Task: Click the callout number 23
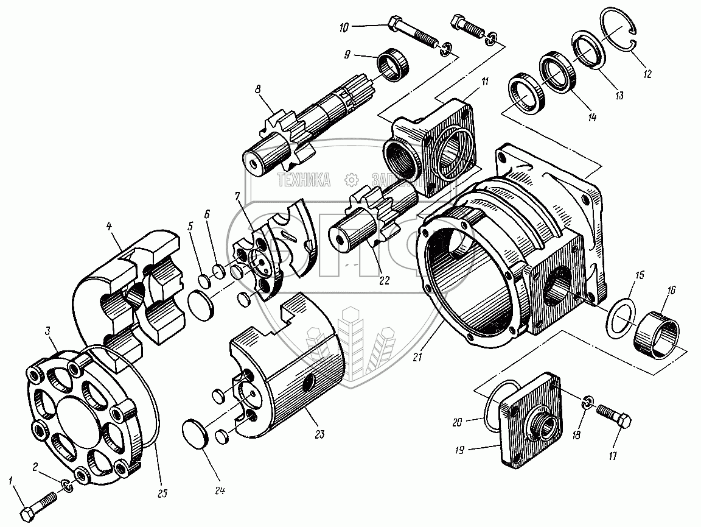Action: coord(321,434)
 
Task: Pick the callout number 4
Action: coord(110,227)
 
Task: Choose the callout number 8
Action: coord(258,89)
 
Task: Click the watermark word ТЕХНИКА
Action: coord(304,180)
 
